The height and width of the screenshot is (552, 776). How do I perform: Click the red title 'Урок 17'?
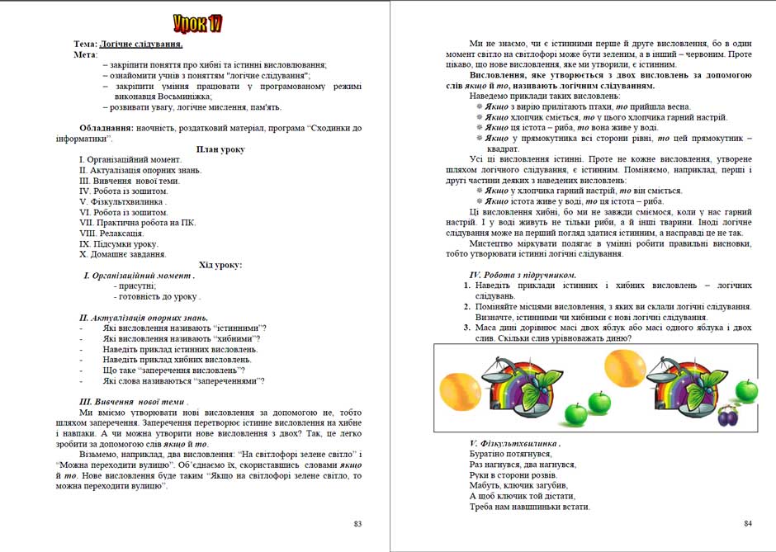(x=198, y=23)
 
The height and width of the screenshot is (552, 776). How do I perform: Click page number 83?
(x=357, y=524)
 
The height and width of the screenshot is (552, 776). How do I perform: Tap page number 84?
(x=748, y=523)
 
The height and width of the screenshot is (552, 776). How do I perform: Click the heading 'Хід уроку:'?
(x=220, y=265)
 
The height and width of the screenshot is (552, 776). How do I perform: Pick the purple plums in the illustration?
(x=726, y=415)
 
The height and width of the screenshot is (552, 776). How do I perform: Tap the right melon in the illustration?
(x=625, y=367)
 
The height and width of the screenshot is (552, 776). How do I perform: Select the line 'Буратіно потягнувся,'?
(x=510, y=454)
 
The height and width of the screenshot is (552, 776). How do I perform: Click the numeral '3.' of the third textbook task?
(x=467, y=328)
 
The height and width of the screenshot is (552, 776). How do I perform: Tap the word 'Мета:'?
(x=86, y=54)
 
